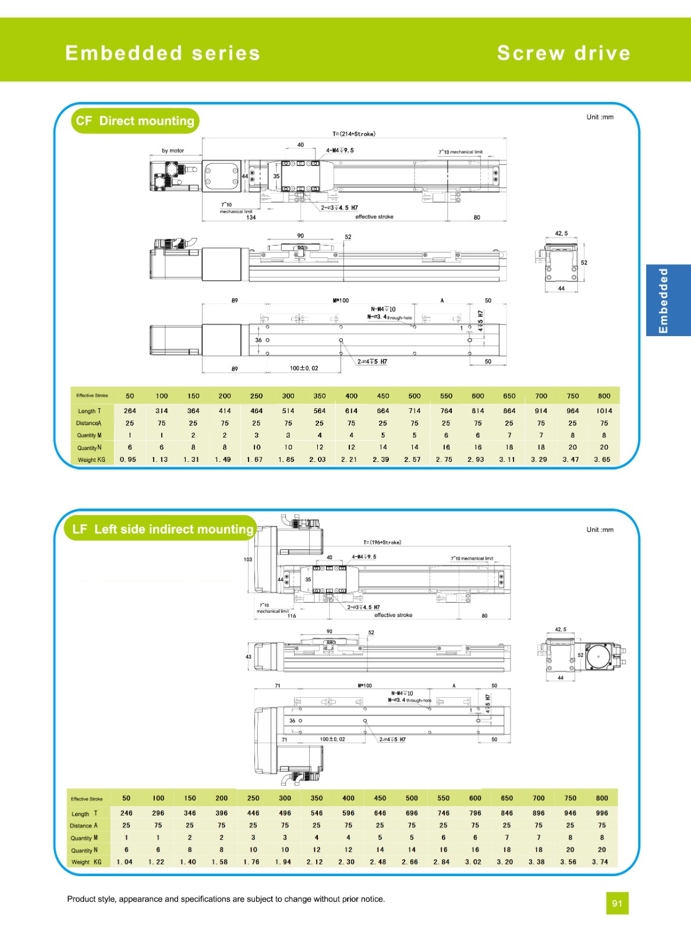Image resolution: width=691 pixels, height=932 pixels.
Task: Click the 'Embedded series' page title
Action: [x=162, y=53]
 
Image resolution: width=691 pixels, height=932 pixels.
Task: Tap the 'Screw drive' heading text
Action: [x=564, y=53]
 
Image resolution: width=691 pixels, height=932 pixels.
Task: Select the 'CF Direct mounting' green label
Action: [x=135, y=121]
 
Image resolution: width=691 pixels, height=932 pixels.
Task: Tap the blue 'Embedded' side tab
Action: [x=664, y=301]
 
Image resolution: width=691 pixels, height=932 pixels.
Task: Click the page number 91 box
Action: [x=617, y=903]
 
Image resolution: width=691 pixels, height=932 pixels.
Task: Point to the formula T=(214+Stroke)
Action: [x=354, y=134]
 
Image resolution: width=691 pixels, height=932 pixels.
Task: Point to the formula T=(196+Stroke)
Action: [x=382, y=542]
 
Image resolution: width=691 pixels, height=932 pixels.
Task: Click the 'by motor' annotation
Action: [x=173, y=150]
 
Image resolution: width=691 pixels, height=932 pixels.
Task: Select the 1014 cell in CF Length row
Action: [x=604, y=411]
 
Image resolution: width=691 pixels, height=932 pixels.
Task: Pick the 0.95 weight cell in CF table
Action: [x=128, y=460]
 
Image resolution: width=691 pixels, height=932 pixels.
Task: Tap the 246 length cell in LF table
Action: [x=126, y=813]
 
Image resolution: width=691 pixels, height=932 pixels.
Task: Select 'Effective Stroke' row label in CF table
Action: [x=92, y=396]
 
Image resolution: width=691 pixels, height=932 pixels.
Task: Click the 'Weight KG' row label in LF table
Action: [x=86, y=862]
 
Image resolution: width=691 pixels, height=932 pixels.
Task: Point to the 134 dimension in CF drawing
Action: [x=251, y=217]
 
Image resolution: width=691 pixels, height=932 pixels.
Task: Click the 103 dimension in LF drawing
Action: [x=248, y=559]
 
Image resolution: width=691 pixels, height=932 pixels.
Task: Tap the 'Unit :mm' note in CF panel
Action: [x=600, y=117]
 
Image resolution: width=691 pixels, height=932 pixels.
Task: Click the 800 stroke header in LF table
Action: [x=602, y=798]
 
